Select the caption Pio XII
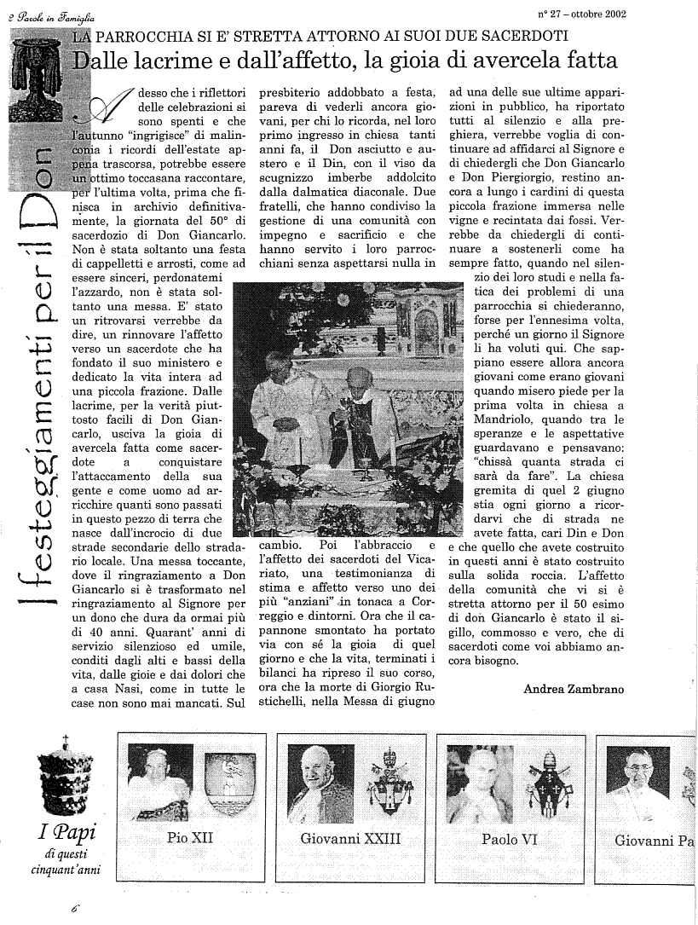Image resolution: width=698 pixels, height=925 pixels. [190, 838]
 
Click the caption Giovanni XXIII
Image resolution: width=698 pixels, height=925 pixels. [350, 839]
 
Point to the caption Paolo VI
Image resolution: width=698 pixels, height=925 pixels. [509, 839]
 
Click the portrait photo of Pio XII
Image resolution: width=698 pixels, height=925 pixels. [159, 783]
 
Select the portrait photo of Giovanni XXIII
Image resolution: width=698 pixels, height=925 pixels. [320, 783]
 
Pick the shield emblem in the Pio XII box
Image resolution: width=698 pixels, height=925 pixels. [229, 783]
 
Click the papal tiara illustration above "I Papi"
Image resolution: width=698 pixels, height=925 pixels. [65, 777]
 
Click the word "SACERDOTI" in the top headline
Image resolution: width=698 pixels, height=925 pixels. [513, 36]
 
